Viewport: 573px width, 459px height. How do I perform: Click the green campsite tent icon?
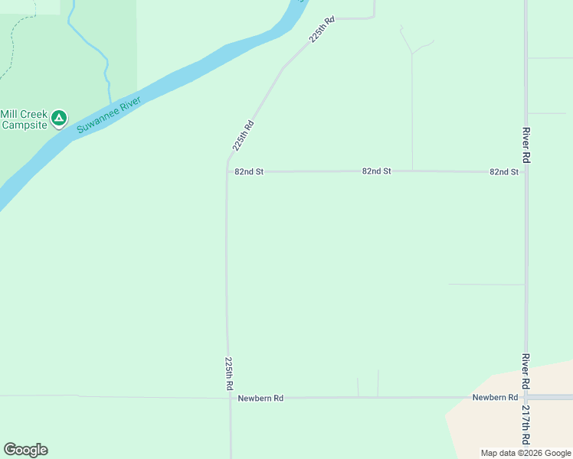[60, 119]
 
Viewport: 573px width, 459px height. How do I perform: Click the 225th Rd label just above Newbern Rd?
[229, 374]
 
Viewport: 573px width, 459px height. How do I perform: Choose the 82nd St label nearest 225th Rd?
[249, 172]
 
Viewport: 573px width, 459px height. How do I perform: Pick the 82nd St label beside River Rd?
[504, 172]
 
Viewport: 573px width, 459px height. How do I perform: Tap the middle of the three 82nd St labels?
[377, 171]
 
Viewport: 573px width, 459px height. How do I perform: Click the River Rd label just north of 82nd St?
[526, 145]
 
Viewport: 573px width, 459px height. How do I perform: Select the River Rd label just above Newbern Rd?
[526, 371]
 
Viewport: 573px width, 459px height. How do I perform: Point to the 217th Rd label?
[526, 426]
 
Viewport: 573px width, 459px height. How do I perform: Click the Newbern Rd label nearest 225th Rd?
[260, 399]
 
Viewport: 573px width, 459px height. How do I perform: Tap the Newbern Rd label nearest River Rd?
[495, 397]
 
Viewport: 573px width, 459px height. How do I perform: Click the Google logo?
[25, 450]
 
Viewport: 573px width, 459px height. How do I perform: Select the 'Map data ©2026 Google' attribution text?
[526, 453]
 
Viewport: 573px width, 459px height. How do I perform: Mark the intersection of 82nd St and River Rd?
[526, 172]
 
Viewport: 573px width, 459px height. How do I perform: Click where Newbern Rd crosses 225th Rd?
[229, 398]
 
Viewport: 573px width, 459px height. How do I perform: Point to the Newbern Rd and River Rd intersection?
[526, 397]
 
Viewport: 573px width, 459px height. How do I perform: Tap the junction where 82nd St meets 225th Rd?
[228, 172]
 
